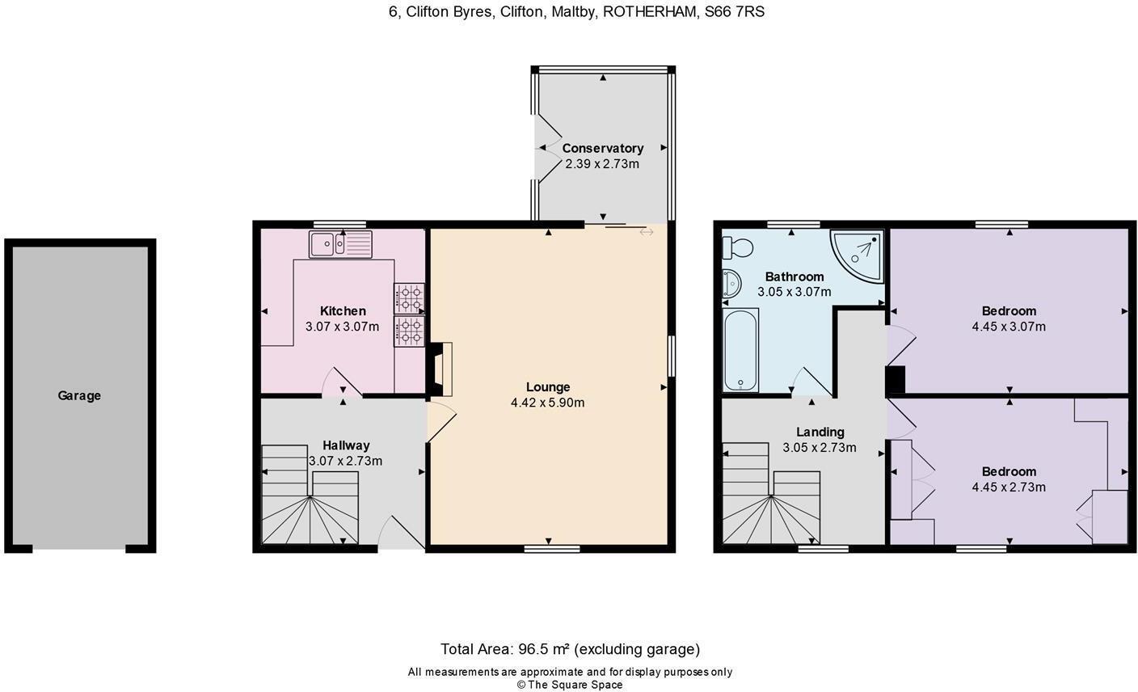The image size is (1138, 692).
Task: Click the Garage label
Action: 79,395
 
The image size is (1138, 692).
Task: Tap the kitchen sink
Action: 340,244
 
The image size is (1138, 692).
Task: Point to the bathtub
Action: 740,349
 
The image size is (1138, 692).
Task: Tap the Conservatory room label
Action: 602,149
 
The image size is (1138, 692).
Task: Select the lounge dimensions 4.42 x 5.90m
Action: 548,403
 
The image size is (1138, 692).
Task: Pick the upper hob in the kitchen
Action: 410,298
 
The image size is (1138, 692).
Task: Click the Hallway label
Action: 346,445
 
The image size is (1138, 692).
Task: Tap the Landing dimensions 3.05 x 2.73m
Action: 820,448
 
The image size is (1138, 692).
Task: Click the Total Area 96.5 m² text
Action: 570,649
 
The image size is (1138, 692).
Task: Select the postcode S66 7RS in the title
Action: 734,11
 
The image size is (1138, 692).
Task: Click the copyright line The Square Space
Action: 570,685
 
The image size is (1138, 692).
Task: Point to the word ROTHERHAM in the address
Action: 650,11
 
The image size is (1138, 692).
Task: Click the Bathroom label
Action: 794,277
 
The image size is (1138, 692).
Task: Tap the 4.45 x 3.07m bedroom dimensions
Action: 1009,327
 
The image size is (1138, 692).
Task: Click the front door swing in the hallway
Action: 402,532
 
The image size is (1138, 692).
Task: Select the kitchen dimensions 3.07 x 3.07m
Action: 343,327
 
